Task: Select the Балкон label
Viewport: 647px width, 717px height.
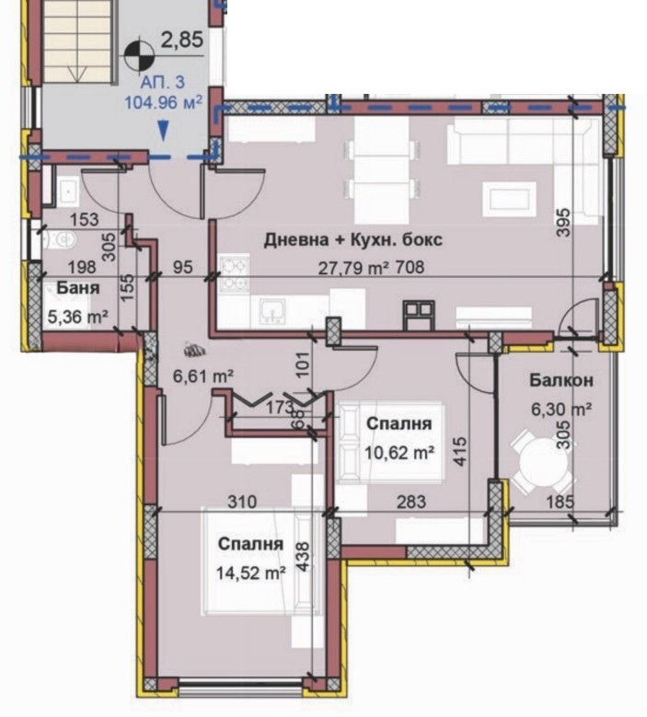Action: click(560, 379)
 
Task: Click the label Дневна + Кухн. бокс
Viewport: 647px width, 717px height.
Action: click(353, 240)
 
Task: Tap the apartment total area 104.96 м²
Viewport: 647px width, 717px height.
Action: click(164, 101)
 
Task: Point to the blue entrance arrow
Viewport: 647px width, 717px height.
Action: click(163, 132)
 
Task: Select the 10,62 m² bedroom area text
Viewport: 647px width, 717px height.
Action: click(399, 452)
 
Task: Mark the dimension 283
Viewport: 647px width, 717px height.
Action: click(411, 503)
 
